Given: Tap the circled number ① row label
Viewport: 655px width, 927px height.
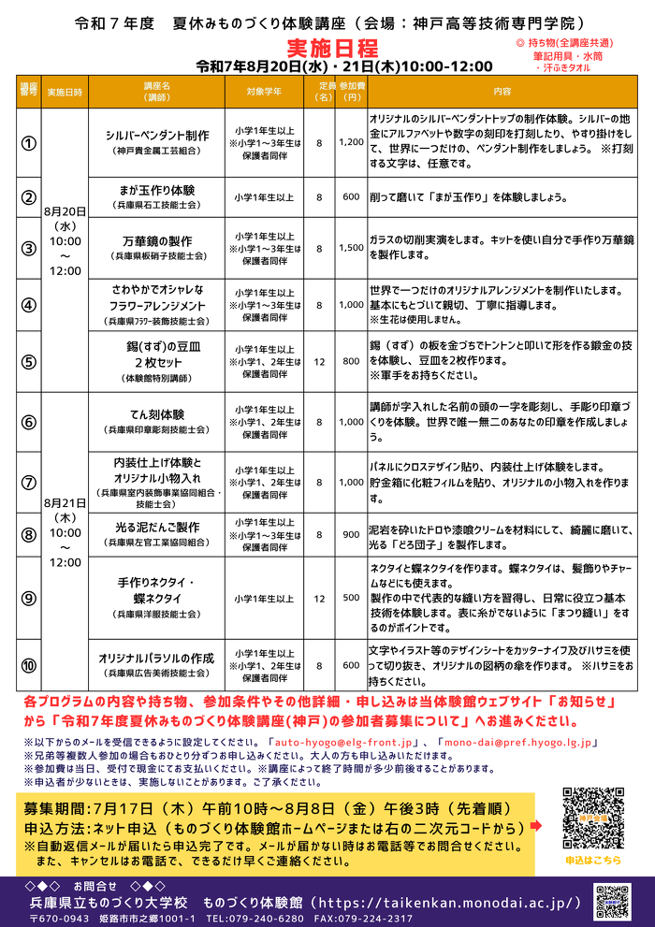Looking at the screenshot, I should coord(29,143).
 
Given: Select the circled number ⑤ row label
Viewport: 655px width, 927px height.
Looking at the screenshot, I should coord(29,361).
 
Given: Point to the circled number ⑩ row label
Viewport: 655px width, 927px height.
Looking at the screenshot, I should coord(29,665).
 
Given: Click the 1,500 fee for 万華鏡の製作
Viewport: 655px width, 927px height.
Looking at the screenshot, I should coord(351,248).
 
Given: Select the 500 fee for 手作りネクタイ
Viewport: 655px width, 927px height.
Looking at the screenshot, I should coord(351,597).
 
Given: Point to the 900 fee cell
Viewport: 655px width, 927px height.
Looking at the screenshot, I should coord(351,534).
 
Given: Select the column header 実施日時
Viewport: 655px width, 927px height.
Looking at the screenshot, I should coord(65,92).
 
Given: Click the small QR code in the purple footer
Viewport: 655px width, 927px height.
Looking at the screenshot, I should coord(612,903).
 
